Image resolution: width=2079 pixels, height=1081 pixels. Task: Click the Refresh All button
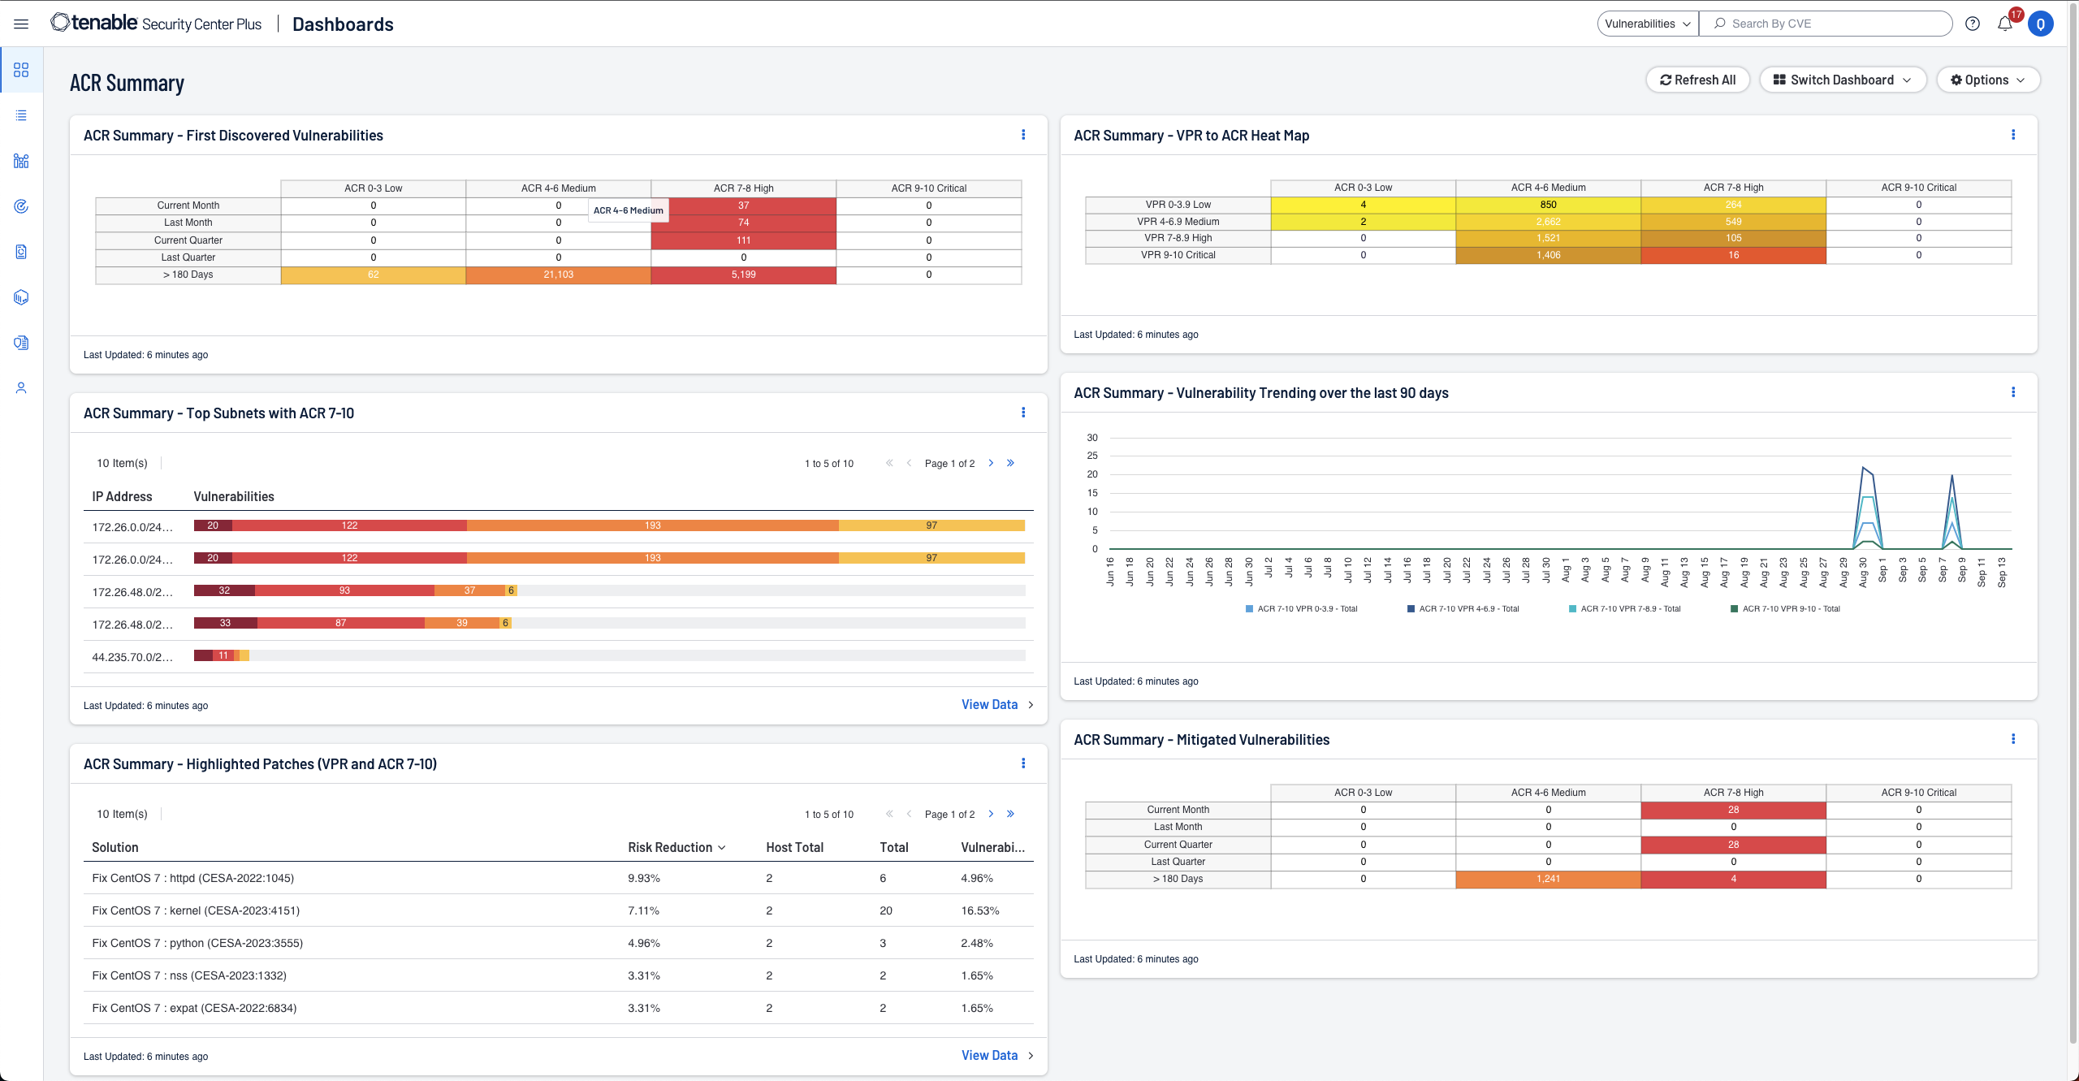click(x=1697, y=80)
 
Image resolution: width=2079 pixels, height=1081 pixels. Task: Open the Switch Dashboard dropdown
click(x=1842, y=80)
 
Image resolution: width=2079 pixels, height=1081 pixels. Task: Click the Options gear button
click(x=1987, y=80)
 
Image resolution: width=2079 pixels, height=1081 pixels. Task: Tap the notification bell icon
click(x=2004, y=24)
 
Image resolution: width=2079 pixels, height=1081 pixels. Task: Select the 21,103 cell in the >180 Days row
click(x=558, y=275)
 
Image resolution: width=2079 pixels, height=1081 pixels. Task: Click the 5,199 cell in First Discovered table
click(x=743, y=275)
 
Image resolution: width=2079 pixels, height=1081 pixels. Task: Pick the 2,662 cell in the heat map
click(x=1548, y=222)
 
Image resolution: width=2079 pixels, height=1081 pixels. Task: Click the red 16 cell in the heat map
click(x=1733, y=255)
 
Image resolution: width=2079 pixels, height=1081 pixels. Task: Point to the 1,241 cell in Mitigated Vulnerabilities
click(x=1548, y=879)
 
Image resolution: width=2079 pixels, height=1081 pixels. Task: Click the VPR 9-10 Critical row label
click(x=1178, y=255)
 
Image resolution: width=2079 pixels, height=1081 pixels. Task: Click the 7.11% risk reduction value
click(x=643, y=910)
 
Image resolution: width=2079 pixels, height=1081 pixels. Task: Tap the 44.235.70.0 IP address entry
click(x=132, y=657)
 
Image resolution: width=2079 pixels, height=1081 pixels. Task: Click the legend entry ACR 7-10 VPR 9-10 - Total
click(x=1790, y=608)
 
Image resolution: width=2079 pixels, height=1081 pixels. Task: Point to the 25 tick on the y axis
click(x=1092, y=456)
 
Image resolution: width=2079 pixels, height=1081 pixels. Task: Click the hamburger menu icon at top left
click(x=21, y=24)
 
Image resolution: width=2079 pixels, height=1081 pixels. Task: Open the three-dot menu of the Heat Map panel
click(x=2013, y=135)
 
